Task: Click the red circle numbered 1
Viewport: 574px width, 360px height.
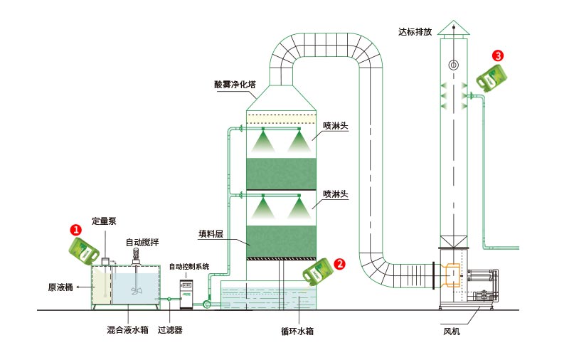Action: pos(75,230)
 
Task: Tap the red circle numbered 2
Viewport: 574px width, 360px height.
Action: pos(340,263)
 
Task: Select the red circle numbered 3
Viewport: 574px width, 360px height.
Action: pos(498,55)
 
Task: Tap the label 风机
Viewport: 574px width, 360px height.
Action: pos(451,331)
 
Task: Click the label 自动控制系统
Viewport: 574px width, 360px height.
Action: pos(189,267)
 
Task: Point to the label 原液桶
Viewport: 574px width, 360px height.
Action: pos(61,287)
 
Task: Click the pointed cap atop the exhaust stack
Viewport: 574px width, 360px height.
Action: pos(454,27)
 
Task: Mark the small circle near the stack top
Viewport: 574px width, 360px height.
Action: pos(454,65)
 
